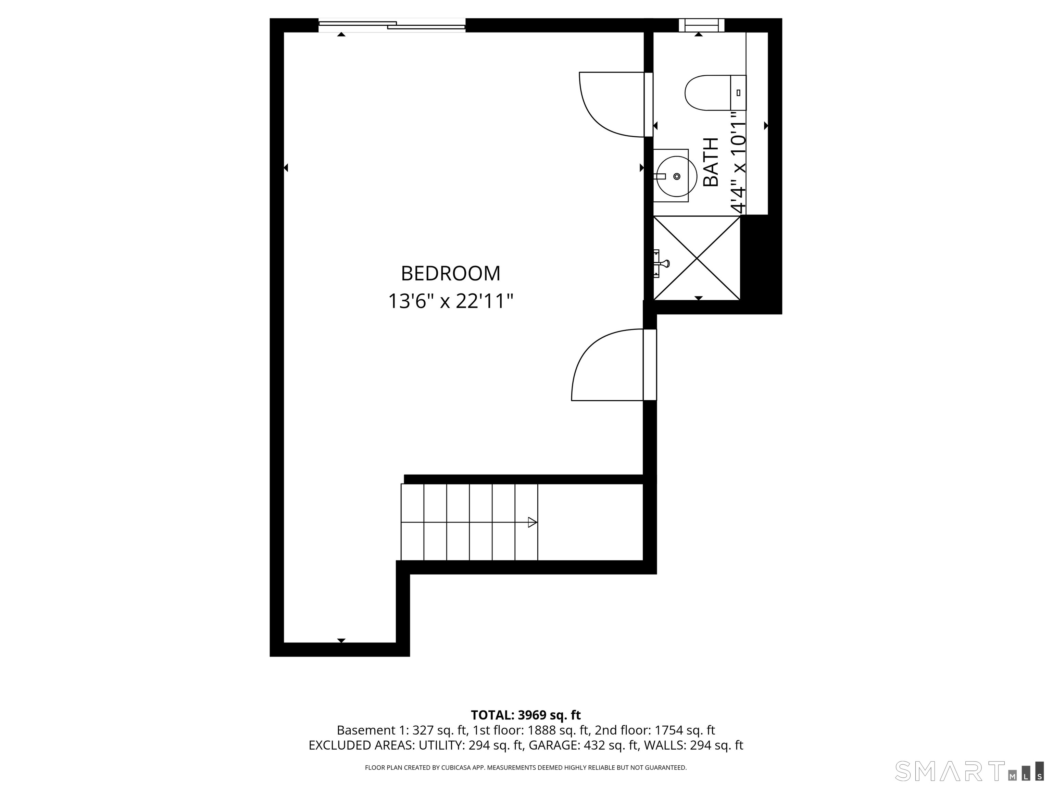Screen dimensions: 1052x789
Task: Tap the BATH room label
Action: click(711, 162)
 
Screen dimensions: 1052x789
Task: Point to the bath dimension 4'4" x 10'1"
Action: click(738, 163)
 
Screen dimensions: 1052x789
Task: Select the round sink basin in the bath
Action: click(676, 176)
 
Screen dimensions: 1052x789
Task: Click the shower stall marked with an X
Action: click(697, 258)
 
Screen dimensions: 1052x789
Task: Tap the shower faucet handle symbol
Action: click(661, 263)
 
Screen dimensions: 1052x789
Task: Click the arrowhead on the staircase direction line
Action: click(533, 522)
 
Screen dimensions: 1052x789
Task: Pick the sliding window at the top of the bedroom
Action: click(392, 25)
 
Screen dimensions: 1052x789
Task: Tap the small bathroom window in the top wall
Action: click(701, 25)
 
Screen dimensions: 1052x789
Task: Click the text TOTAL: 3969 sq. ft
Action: click(526, 715)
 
